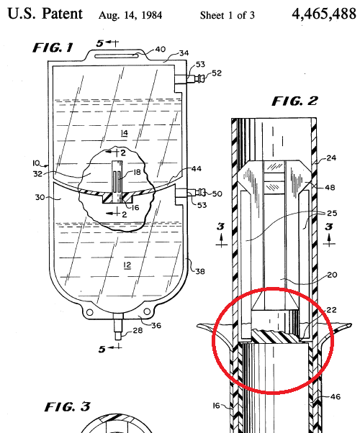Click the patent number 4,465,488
[324, 14]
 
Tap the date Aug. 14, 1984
[130, 15]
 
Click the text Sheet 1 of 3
[228, 15]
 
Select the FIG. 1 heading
[53, 47]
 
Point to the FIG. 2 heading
[295, 101]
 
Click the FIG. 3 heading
[68, 406]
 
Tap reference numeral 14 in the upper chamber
[125, 133]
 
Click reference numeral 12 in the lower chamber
[127, 265]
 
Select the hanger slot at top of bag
[117, 56]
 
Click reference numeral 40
[160, 49]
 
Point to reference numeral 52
[217, 73]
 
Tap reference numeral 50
[217, 193]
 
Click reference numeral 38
[200, 271]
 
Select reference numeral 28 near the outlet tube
[138, 330]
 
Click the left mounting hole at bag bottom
[90, 312]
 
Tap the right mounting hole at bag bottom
[147, 311]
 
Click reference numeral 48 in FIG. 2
[330, 188]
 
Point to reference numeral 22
[331, 310]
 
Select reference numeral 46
[336, 397]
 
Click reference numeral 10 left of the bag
[36, 163]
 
